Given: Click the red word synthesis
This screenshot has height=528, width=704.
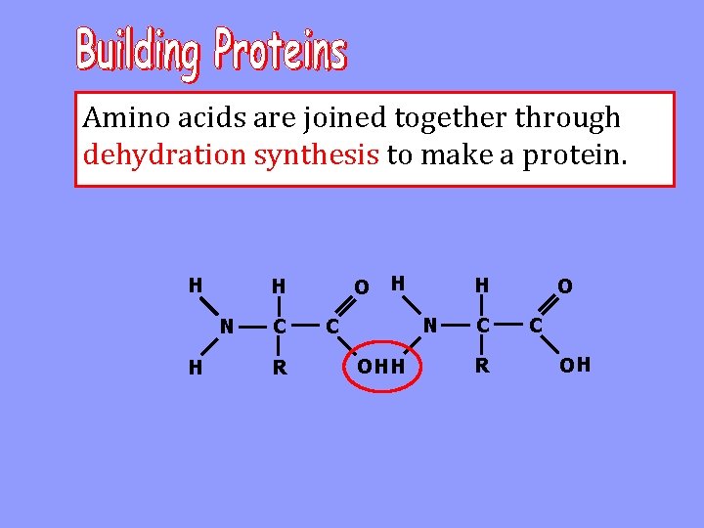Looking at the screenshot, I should click(x=317, y=154).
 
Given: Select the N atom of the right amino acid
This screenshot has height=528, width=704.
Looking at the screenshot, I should click(x=429, y=324).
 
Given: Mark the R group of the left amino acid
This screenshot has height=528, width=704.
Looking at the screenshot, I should click(x=280, y=370).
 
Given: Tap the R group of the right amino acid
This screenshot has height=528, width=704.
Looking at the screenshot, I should click(x=481, y=368).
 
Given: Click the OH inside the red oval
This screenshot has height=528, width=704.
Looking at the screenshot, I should click(x=372, y=368).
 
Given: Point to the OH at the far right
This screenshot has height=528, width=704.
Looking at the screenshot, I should click(x=575, y=366).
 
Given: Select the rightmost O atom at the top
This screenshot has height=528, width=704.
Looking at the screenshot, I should click(x=564, y=286).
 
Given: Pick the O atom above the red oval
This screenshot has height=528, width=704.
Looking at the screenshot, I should click(x=361, y=287).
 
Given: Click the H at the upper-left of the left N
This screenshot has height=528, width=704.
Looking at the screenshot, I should click(x=196, y=286).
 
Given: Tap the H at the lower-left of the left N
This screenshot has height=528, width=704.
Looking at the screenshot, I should click(x=196, y=368).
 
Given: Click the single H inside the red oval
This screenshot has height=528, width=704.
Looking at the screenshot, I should click(x=397, y=368).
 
